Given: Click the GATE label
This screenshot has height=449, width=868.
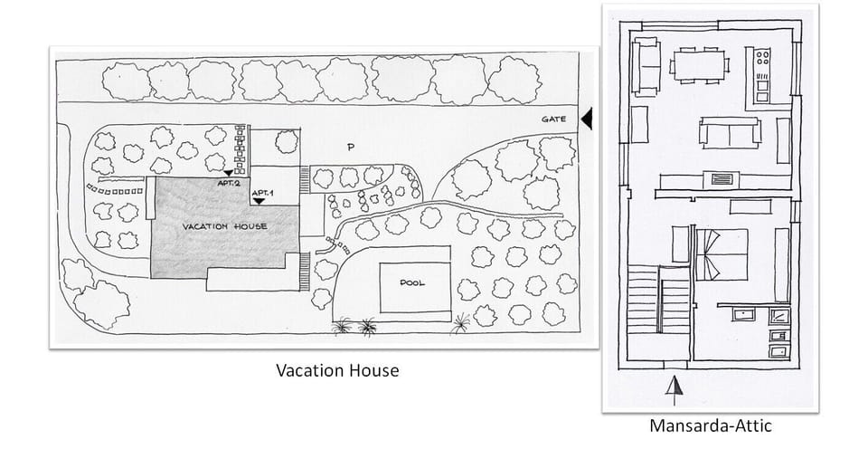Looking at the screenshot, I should (553, 119).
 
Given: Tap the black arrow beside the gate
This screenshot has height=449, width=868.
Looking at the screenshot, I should (586, 119).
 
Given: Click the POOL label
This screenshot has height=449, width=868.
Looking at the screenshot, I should (412, 282).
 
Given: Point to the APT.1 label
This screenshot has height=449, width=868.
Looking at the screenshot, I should (261, 192).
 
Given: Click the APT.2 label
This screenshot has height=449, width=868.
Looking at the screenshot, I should (228, 183).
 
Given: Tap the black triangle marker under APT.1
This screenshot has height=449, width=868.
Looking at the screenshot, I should (259, 202).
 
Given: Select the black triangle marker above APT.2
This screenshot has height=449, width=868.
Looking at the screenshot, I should (229, 172).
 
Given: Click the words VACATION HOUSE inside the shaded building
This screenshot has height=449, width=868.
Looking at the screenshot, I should (224, 225).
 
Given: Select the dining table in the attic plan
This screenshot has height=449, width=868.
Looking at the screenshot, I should (700, 64).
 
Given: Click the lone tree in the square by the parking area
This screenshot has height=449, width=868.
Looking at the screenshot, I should (286, 141).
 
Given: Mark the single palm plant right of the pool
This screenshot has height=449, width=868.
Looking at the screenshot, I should (462, 321).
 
